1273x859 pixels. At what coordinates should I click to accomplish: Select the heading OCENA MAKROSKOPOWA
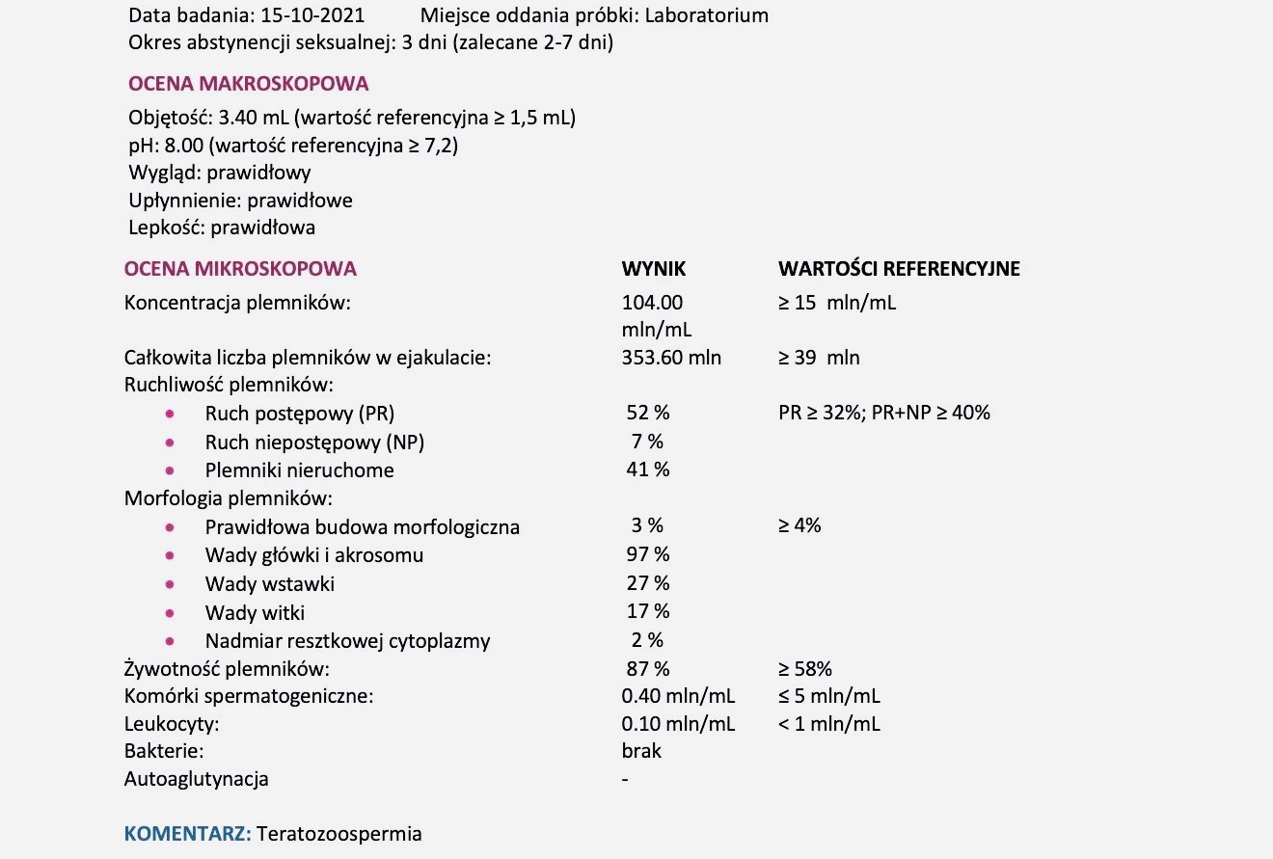tap(248, 84)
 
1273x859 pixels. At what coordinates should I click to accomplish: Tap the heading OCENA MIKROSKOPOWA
tap(241, 269)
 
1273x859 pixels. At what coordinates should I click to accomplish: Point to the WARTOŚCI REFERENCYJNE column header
tap(899, 269)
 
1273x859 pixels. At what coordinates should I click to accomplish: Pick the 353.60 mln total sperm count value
tap(671, 358)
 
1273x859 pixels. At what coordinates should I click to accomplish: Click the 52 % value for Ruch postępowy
tap(648, 413)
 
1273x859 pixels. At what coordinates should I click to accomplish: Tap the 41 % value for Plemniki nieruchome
tap(648, 470)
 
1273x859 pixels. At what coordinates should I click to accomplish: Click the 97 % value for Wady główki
tap(648, 554)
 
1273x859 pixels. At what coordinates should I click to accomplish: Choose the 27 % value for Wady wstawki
tap(648, 583)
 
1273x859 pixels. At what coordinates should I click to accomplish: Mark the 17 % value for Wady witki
tap(648, 611)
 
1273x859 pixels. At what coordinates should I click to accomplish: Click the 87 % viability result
tap(648, 668)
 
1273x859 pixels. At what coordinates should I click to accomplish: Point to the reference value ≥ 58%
tap(804, 668)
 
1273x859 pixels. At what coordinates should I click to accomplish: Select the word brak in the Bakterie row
tap(642, 751)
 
